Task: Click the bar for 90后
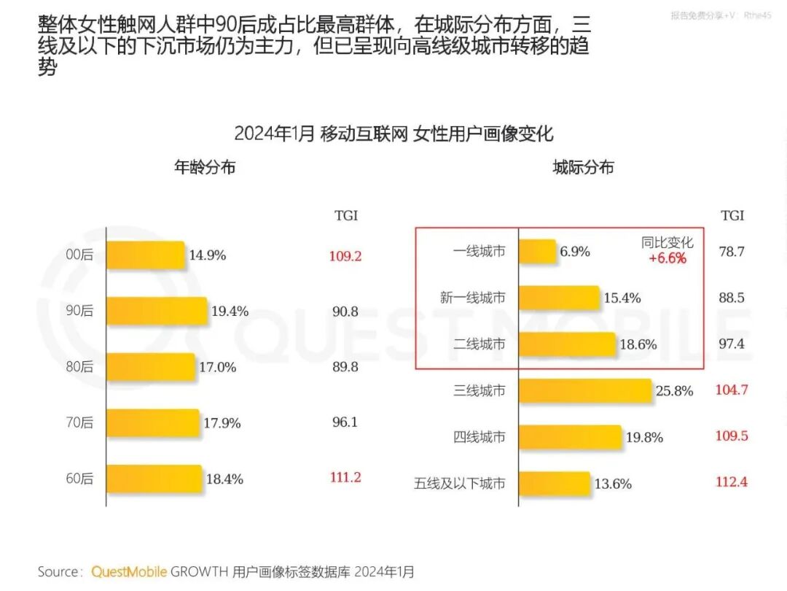click(157, 311)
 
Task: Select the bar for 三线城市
click(586, 390)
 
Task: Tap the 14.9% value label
click(208, 255)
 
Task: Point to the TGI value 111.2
click(345, 477)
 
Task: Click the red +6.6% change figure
click(667, 258)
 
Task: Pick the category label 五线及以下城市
click(460, 483)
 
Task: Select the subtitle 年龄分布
click(205, 167)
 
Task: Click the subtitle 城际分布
click(583, 167)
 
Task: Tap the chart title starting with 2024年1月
click(393, 134)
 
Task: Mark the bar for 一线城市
click(538, 252)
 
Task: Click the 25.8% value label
click(674, 391)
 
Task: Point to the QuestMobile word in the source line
click(129, 571)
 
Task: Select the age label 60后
click(79, 479)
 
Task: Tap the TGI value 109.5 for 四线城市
click(732, 436)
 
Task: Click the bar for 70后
click(153, 422)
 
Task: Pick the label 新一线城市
click(472, 298)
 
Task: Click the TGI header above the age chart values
click(346, 216)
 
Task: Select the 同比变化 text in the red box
click(667, 243)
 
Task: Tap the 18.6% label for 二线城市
click(638, 344)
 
